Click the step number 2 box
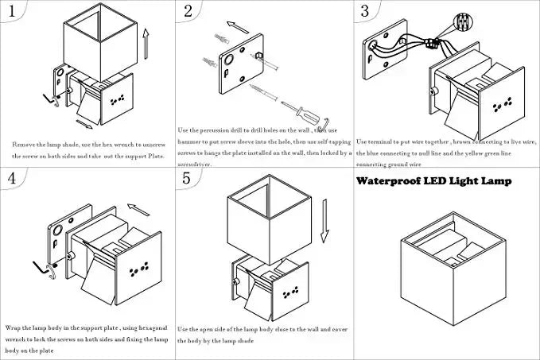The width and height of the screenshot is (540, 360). pyautogui.click(x=188, y=11)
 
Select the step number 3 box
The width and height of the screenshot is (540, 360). pyautogui.click(x=365, y=11)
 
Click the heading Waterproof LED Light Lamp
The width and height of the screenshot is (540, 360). pyautogui.click(x=433, y=181)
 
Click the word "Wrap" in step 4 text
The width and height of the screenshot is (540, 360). pyautogui.click(x=14, y=327)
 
